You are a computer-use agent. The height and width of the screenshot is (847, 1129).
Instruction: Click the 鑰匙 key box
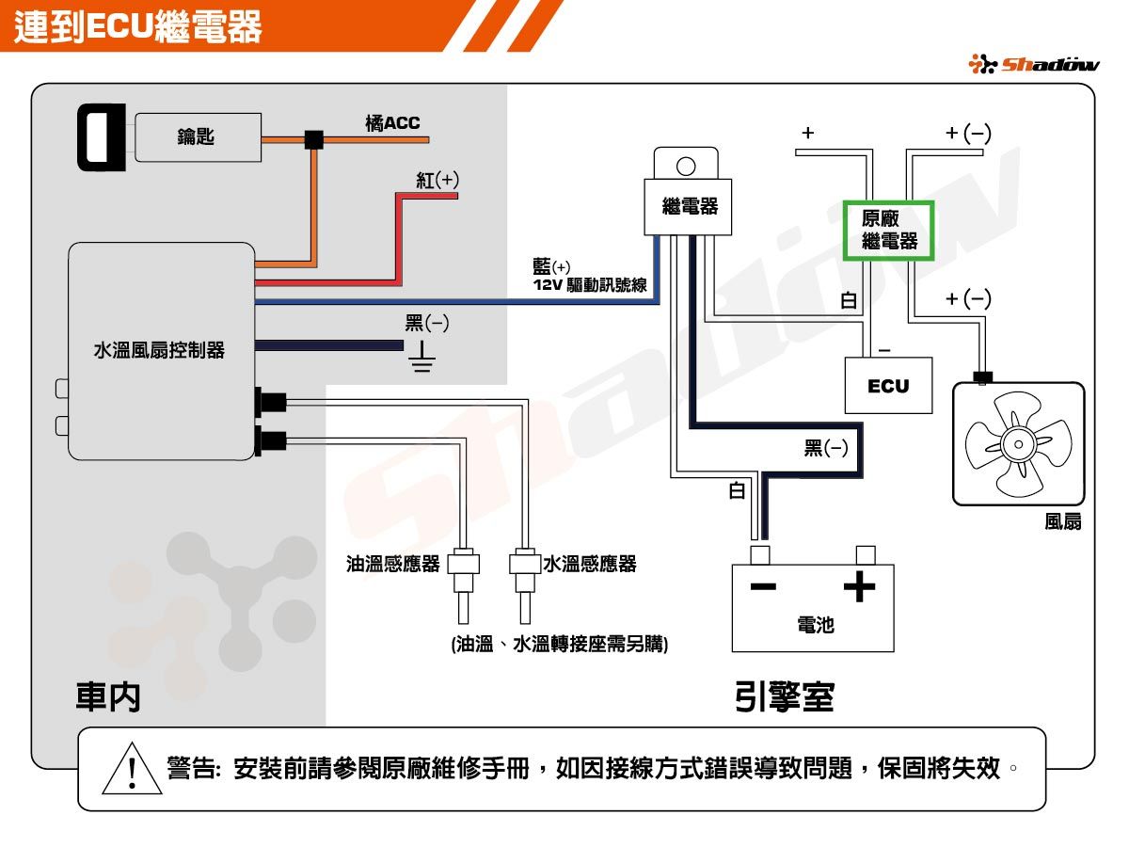click(x=197, y=137)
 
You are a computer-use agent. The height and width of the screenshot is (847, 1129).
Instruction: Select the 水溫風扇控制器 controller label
click(x=159, y=351)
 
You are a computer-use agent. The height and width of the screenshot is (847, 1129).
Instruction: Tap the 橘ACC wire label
click(x=392, y=123)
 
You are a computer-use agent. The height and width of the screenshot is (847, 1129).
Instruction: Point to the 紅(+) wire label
click(x=437, y=180)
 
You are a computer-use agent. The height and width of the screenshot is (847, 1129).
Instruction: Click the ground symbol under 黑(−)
click(x=421, y=359)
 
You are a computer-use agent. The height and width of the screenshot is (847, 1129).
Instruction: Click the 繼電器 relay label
click(x=690, y=206)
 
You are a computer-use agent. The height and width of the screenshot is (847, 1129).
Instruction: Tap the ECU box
click(x=888, y=386)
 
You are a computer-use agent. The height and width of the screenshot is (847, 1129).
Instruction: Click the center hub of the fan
click(x=1018, y=443)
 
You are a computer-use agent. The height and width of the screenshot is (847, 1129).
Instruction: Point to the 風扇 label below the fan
click(x=1063, y=521)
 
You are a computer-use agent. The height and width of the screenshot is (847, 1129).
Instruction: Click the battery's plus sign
click(x=859, y=586)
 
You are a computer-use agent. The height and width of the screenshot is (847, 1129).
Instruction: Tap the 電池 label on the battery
click(x=815, y=624)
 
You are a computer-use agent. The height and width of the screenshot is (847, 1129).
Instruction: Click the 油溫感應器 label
click(x=392, y=564)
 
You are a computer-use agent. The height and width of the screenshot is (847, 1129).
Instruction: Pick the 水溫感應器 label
click(x=591, y=564)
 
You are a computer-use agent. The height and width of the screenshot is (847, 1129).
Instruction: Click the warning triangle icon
click(x=133, y=769)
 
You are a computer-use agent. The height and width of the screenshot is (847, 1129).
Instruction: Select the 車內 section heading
click(x=108, y=696)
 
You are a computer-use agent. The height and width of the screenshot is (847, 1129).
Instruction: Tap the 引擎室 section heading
click(x=784, y=696)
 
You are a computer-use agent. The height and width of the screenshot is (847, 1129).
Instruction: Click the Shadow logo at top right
click(x=1033, y=64)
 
